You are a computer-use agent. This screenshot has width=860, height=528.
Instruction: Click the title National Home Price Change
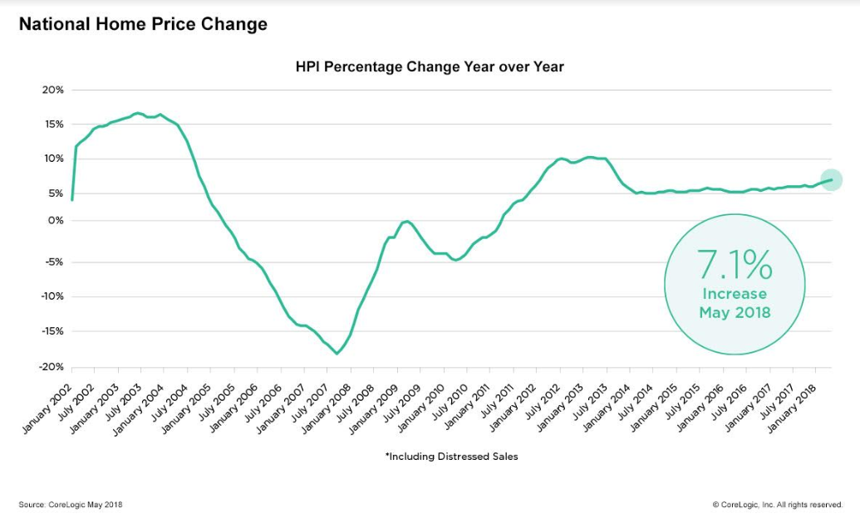point(143,24)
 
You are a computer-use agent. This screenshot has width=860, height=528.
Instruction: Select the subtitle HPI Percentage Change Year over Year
point(430,66)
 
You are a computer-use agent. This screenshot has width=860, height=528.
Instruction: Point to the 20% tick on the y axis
point(54,90)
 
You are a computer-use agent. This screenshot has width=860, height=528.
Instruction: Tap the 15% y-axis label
point(54,124)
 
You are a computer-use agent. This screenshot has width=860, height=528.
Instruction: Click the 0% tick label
point(57,220)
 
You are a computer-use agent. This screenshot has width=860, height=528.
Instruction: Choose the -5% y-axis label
point(54,262)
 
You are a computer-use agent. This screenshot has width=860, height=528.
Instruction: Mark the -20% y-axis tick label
point(52,367)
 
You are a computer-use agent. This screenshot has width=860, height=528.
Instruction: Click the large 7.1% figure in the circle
point(735,265)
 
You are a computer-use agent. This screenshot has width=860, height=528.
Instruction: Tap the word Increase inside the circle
point(735,294)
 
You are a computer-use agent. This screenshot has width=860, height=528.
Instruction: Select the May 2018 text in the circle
point(735,313)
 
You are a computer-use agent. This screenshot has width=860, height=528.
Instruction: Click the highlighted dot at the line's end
point(832,179)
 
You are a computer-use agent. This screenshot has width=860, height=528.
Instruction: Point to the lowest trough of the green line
point(337,354)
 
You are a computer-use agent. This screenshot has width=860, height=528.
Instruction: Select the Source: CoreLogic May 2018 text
point(71,505)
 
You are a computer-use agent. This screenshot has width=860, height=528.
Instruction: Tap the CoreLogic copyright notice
point(777,505)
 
